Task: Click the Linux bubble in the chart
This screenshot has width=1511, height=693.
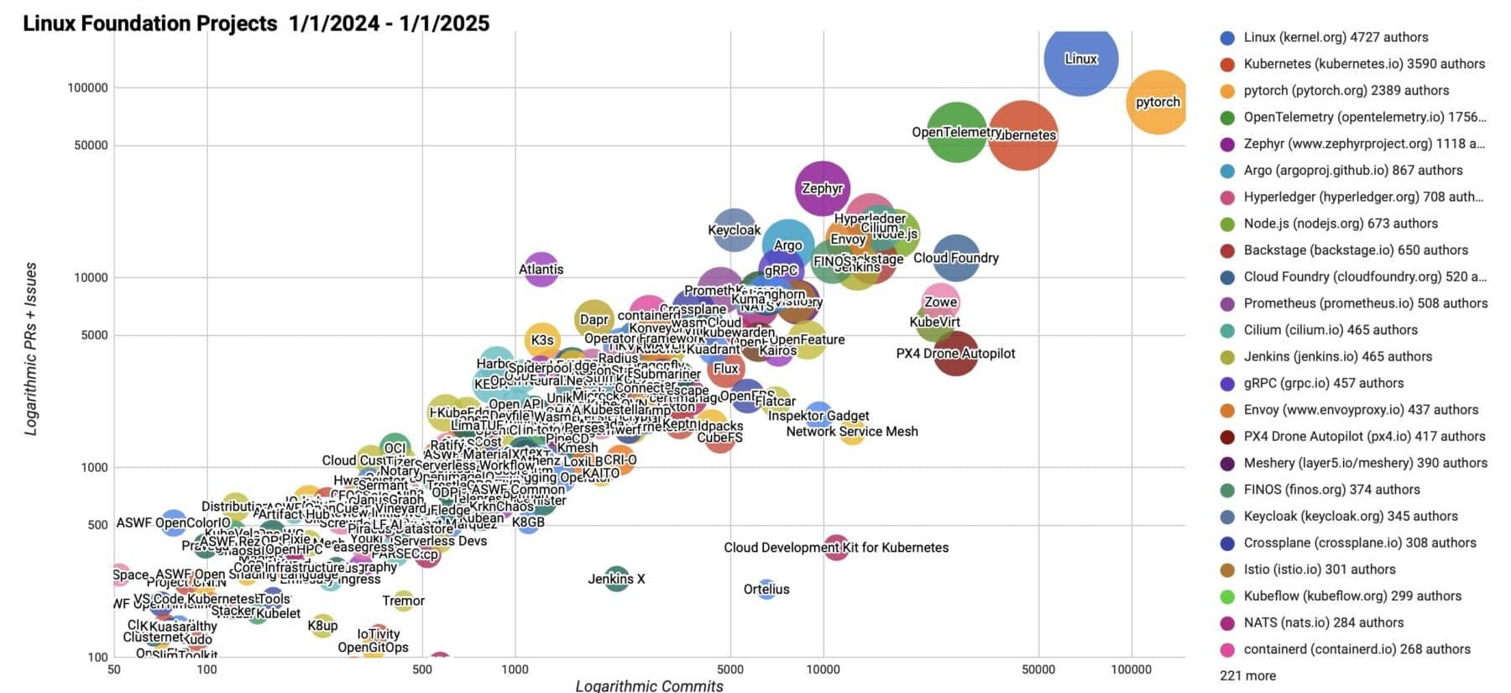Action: click(1080, 59)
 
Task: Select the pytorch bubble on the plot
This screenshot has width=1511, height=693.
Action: click(1157, 102)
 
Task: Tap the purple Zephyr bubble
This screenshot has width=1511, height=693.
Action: click(822, 188)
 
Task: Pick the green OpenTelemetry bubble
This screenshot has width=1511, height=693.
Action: click(956, 132)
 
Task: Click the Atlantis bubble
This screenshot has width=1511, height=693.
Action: click(541, 270)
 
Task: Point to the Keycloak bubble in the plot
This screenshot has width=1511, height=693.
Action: click(735, 230)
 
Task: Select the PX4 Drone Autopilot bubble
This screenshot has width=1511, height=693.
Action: click(955, 354)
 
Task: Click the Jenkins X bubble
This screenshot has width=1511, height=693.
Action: click(617, 579)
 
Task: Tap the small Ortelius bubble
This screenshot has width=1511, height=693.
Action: click(766, 589)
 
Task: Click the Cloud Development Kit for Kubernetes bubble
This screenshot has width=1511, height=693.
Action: click(836, 548)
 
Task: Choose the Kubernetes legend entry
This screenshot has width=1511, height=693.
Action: click(1363, 64)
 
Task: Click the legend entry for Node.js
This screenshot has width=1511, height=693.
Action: click(1340, 223)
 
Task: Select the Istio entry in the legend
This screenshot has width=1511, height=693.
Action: click(1319, 570)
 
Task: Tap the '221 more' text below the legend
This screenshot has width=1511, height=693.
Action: click(1247, 675)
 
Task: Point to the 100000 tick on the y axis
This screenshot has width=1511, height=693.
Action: click(87, 87)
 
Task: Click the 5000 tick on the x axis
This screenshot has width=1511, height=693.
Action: click(730, 669)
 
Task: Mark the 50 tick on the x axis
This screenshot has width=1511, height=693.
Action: click(114, 669)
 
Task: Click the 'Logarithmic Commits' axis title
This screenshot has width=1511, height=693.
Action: click(649, 685)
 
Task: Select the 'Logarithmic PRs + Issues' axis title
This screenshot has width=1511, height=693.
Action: click(31, 348)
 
